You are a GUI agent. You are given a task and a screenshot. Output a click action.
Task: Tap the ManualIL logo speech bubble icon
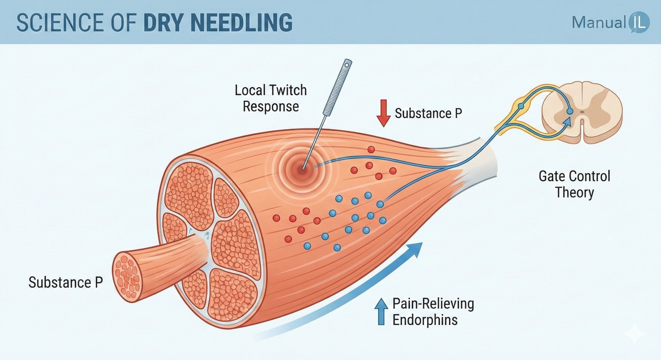tap(639, 22)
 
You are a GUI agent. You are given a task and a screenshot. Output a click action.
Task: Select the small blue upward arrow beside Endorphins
tap(381, 311)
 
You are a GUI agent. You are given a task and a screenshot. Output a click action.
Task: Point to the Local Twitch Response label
tap(271, 98)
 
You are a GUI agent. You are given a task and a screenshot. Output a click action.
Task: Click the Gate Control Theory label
tap(574, 184)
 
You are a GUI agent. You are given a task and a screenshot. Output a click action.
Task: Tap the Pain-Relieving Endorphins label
tap(433, 312)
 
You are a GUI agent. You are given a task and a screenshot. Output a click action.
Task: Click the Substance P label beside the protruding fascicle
tap(65, 282)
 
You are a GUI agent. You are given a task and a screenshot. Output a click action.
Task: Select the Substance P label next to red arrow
tap(428, 113)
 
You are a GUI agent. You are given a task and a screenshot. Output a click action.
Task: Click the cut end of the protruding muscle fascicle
tap(127, 275)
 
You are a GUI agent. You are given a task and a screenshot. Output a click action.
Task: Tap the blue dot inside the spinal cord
tap(570, 111)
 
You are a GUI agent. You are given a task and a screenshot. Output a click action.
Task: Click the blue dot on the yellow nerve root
tap(521, 106)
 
